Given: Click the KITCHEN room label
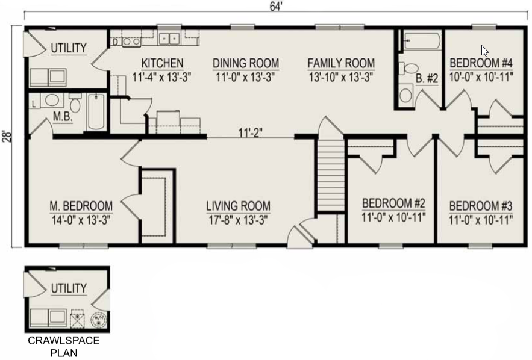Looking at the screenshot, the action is (x=162, y=63).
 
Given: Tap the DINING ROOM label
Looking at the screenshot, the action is (x=246, y=63).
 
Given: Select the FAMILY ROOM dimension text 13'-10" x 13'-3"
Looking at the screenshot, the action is (x=341, y=77).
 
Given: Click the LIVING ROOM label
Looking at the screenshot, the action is (x=239, y=206).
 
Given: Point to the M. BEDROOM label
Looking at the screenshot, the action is (x=81, y=206).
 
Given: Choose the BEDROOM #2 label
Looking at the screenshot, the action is (x=393, y=203).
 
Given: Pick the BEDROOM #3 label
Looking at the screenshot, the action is (x=481, y=206).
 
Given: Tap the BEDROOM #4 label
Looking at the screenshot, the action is (x=481, y=63).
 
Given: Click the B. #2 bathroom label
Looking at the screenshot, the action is (x=427, y=79).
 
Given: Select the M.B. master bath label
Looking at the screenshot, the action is (x=63, y=117).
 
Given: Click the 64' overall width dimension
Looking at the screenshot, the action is (x=276, y=7).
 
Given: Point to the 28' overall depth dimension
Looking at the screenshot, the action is (x=7, y=136).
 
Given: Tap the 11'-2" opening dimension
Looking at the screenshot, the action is (x=251, y=133).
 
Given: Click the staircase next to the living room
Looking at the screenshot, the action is (x=331, y=176).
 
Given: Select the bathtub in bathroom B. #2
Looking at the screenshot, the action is (x=422, y=41).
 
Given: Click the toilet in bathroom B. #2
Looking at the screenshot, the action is (x=408, y=68).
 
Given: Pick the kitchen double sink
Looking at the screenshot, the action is (x=169, y=39).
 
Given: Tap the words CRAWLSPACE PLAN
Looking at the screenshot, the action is (x=64, y=346).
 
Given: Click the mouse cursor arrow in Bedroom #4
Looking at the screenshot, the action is (x=484, y=51).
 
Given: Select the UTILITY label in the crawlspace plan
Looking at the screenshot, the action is (x=69, y=288).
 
